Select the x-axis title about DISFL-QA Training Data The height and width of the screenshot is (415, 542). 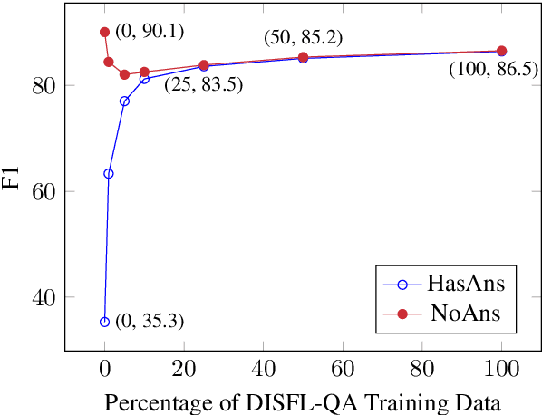tap(303, 401)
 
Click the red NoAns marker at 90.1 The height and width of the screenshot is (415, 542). tap(104, 32)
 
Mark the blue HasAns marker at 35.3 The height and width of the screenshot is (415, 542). tap(104, 322)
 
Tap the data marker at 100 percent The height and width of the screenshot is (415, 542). tap(501, 51)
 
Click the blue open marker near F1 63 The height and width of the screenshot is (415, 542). tap(109, 173)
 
